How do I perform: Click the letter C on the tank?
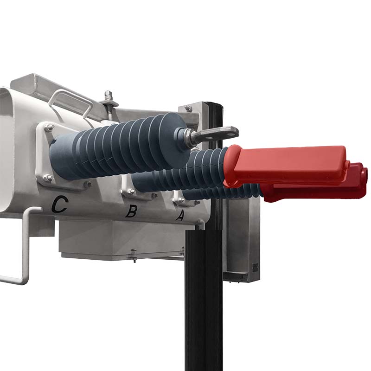pos(60,204)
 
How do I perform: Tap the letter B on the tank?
pos(131,211)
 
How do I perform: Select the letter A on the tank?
pos(180,215)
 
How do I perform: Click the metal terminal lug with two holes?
pos(214,135)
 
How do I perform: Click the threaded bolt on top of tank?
pos(108,99)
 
